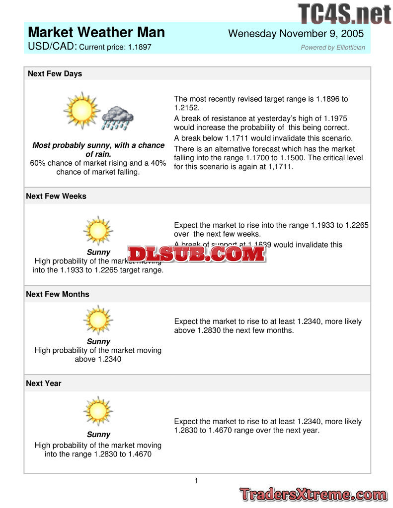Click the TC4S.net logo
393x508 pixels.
[x=344, y=14]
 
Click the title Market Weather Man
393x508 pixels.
[x=96, y=33]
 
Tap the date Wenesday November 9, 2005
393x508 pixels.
[x=296, y=34]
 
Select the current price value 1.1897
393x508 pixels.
[x=140, y=47]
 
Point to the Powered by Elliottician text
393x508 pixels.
[x=332, y=48]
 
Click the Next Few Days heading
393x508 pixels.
[x=55, y=74]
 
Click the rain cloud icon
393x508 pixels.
[x=117, y=118]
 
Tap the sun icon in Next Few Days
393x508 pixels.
[x=81, y=110]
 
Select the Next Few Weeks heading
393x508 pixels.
[x=56, y=196]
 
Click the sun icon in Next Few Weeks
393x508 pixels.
[x=98, y=231]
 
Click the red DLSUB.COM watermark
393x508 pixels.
[x=196, y=254]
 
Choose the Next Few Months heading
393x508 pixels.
[x=58, y=294]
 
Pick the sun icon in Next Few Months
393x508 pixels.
[x=98, y=320]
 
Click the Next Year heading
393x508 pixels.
[x=44, y=383]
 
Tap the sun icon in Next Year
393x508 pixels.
[x=98, y=411]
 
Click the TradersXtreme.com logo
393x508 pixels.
[x=313, y=495]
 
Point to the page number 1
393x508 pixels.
[x=196, y=481]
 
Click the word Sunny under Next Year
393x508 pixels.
[x=98, y=435]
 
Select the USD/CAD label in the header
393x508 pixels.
[x=52, y=47]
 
